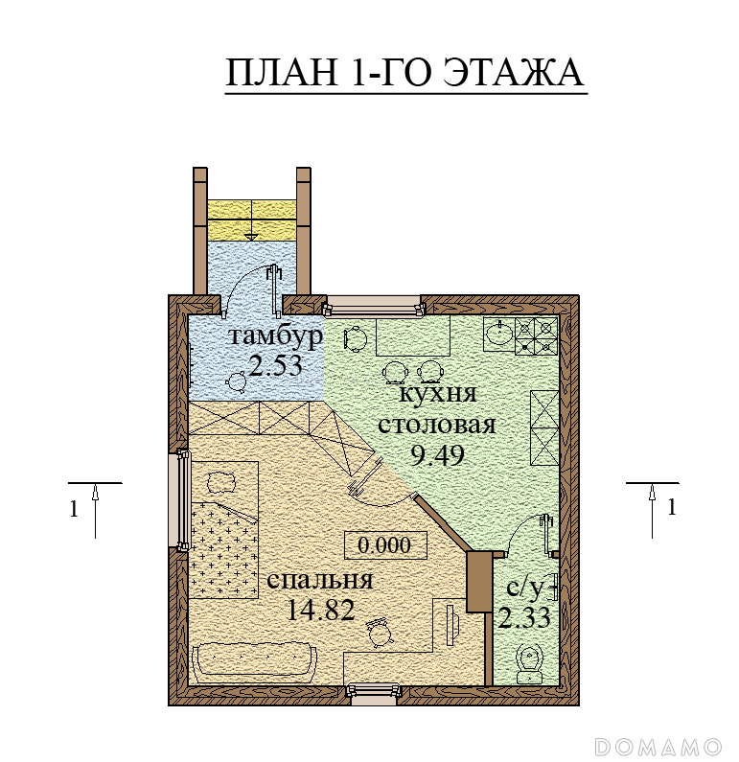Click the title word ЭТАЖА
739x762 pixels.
pyautogui.click(x=515, y=73)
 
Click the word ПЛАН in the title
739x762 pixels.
pyautogui.click(x=282, y=73)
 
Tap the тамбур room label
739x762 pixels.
pyautogui.click(x=275, y=335)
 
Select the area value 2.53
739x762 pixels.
pyautogui.click(x=275, y=365)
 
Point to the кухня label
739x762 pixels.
pyautogui.click(x=437, y=394)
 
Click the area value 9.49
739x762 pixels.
pyautogui.click(x=437, y=455)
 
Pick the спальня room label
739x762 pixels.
pyautogui.click(x=320, y=580)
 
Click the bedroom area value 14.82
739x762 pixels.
pyautogui.click(x=321, y=610)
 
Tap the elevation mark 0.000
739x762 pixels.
pyautogui.click(x=384, y=545)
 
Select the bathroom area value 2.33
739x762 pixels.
pyautogui.click(x=524, y=618)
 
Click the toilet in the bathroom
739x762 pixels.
pyautogui.click(x=531, y=664)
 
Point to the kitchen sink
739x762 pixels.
pyautogui.click(x=499, y=334)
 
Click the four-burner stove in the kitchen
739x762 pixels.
pyautogui.click(x=536, y=335)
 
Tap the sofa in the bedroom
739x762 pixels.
pyautogui.click(x=255, y=661)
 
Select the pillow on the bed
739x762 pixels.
pyautogui.click(x=222, y=482)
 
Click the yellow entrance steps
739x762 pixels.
pyautogui.click(x=252, y=220)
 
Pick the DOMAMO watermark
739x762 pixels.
pyautogui.click(x=658, y=746)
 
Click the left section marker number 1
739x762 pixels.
pyautogui.click(x=74, y=509)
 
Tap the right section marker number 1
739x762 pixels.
pyautogui.click(x=672, y=507)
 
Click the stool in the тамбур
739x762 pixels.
pyautogui.click(x=237, y=381)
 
